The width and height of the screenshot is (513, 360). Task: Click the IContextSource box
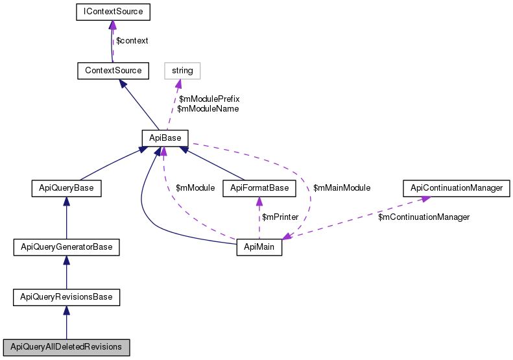coord(113,12)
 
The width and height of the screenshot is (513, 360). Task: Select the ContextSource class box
coord(113,69)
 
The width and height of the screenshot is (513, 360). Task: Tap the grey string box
coord(182,69)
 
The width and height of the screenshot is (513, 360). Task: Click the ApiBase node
coord(165,137)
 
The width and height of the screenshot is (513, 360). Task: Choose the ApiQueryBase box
coord(67,188)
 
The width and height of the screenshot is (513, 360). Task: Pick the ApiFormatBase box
coord(259,188)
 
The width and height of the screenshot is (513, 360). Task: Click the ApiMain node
coord(259,247)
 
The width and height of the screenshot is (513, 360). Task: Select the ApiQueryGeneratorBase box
coord(67,247)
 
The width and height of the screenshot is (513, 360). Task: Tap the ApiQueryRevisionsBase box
coord(67,297)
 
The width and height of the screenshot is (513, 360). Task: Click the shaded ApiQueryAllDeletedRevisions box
coord(67,347)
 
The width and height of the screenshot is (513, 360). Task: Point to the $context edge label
coord(132,40)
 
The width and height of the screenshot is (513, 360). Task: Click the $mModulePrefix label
coord(209,99)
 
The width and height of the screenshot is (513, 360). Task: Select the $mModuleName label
coord(208,109)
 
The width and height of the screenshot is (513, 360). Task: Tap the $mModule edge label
coord(195,188)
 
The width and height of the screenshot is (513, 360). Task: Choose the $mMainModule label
coord(341,188)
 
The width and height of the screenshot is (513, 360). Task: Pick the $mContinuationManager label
coord(424,217)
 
